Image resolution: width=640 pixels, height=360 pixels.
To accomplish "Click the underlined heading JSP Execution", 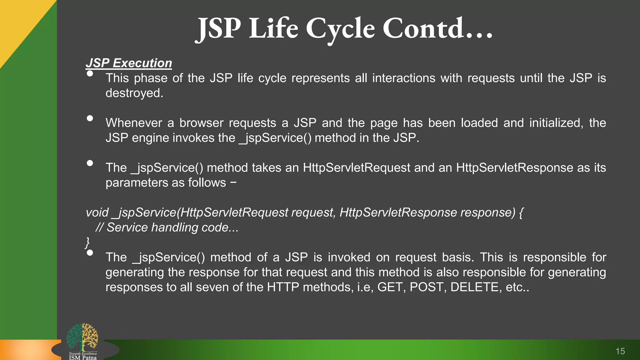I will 129,63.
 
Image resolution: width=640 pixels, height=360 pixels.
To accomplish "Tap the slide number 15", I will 620,351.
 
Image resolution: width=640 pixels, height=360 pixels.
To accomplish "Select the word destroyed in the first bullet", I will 134,93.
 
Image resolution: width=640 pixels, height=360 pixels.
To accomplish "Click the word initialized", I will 556,123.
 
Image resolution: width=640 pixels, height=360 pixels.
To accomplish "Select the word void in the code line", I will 97,212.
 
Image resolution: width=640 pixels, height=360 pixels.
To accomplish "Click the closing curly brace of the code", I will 87,242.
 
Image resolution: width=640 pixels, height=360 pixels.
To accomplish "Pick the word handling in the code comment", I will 174,227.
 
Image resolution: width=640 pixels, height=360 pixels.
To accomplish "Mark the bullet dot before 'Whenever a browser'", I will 90,118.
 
